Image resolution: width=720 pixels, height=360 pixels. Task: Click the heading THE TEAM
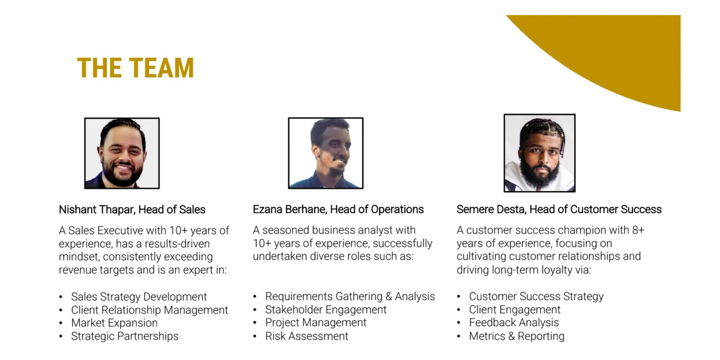pyautogui.click(x=135, y=68)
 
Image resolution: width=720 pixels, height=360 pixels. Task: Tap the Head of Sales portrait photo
pyautogui.click(x=122, y=153)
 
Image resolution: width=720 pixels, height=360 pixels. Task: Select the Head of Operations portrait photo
pyautogui.click(x=326, y=153)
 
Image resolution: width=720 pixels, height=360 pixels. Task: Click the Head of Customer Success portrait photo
pyautogui.click(x=539, y=153)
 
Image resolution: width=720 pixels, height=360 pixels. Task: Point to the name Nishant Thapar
pyautogui.click(x=96, y=210)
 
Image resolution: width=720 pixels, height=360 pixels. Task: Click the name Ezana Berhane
pyautogui.click(x=290, y=209)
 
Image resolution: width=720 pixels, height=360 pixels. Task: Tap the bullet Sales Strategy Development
pyautogui.click(x=139, y=297)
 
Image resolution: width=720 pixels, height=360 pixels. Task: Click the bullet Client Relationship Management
pyautogui.click(x=149, y=310)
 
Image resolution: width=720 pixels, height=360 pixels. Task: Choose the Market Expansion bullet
pyautogui.click(x=114, y=323)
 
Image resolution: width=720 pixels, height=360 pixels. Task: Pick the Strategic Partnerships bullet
pyautogui.click(x=125, y=336)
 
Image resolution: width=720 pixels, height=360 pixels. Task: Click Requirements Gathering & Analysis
pyautogui.click(x=350, y=296)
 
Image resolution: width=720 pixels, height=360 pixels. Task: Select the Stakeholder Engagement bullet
pyautogui.click(x=326, y=309)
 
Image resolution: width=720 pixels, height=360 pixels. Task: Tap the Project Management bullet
pyautogui.click(x=316, y=322)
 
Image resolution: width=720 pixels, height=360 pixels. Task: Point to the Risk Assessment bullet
pyautogui.click(x=307, y=336)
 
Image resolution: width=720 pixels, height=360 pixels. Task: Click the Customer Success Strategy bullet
pyautogui.click(x=536, y=296)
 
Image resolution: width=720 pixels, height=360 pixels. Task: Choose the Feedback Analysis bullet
pyautogui.click(x=514, y=322)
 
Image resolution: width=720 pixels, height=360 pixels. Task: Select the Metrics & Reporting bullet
pyautogui.click(x=517, y=336)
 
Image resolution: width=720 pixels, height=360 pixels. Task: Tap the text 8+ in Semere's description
pyautogui.click(x=638, y=230)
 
